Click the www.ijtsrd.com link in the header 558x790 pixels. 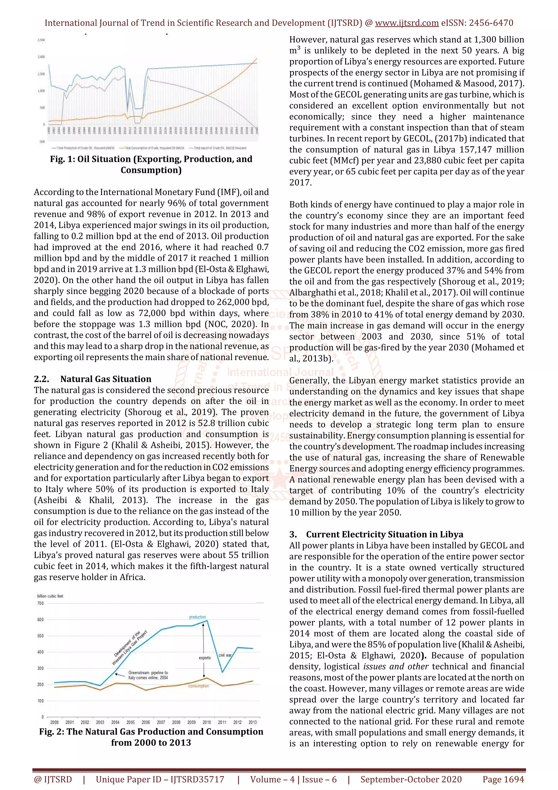pyautogui.click(x=407, y=23)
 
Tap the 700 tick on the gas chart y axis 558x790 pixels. pyautogui.click(x=40, y=603)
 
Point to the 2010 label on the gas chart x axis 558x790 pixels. pyautogui.click(x=207, y=722)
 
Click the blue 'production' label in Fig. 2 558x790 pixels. pyautogui.click(x=197, y=617)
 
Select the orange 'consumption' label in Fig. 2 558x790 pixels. pyautogui.click(x=198, y=686)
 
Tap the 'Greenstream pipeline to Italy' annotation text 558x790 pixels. pyautogui.click(x=148, y=675)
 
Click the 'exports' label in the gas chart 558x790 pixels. pyautogui.click(x=205, y=658)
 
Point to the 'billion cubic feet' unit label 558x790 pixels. pyautogui.click(x=50, y=596)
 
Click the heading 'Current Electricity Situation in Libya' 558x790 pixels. pyautogui.click(x=384, y=534)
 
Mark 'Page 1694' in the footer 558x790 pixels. pyautogui.click(x=503, y=779)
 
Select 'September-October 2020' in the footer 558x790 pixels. pyautogui.click(x=411, y=779)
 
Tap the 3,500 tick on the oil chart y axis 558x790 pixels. pyautogui.click(x=41, y=40)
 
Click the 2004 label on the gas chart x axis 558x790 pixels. pyautogui.click(x=115, y=722)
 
